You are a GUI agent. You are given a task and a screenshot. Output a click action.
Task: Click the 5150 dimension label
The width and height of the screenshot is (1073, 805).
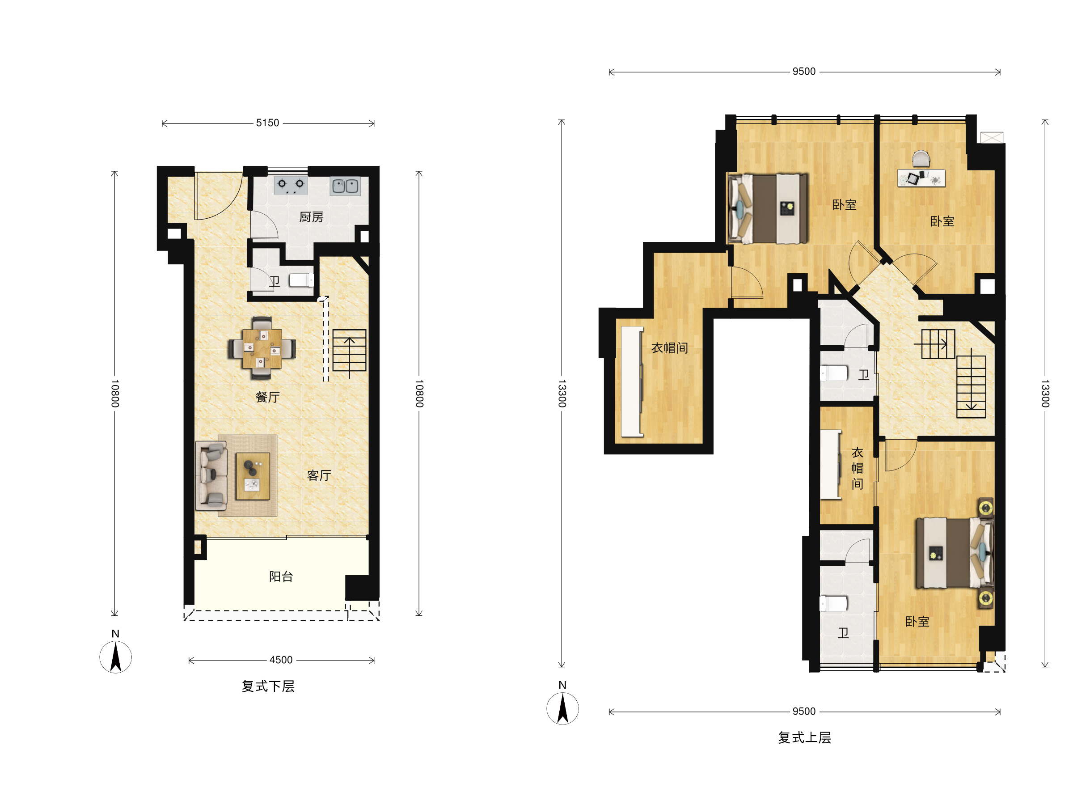(x=267, y=123)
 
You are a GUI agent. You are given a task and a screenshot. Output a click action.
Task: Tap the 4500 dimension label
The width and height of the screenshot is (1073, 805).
(x=281, y=660)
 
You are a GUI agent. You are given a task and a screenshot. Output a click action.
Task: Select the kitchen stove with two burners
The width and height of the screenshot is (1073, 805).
(x=291, y=185)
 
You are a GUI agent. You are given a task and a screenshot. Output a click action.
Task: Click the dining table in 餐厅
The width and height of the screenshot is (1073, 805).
(x=262, y=348)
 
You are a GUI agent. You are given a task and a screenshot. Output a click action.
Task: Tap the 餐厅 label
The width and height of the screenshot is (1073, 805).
(x=267, y=397)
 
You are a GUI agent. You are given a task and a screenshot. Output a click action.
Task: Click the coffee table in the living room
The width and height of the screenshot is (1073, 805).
(x=253, y=476)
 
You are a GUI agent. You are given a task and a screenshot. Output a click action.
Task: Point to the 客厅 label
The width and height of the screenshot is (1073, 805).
(x=319, y=475)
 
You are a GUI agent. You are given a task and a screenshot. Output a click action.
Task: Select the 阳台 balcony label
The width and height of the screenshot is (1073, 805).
(x=281, y=576)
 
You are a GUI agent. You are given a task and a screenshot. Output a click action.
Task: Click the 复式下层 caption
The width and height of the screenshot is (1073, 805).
(x=268, y=686)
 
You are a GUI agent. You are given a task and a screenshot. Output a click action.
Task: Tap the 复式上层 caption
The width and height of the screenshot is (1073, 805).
(x=804, y=737)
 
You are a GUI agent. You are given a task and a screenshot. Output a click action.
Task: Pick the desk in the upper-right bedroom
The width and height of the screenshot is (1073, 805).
(x=921, y=178)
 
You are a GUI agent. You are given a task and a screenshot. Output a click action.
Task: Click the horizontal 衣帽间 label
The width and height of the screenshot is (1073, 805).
(x=669, y=348)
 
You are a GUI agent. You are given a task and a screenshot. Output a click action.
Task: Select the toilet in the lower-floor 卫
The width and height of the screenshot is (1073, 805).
(x=301, y=280)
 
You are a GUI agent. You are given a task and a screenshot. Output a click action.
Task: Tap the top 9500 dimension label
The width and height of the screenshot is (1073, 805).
(x=804, y=71)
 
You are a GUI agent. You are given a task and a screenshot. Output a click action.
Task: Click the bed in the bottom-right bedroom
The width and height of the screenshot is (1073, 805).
(x=954, y=553)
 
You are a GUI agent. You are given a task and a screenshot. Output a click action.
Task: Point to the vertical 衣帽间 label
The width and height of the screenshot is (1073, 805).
(x=857, y=468)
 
